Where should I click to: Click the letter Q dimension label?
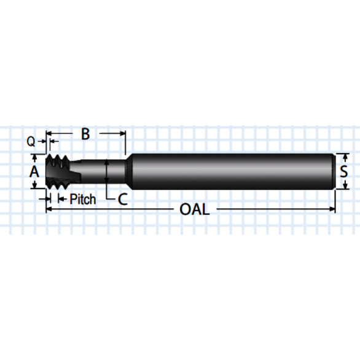[31, 141]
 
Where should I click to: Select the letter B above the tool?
[85, 133]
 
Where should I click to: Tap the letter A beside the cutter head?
[34, 172]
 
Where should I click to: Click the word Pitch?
[82, 199]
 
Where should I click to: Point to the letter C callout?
[122, 199]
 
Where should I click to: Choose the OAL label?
[194, 209]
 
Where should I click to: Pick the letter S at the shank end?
[344, 171]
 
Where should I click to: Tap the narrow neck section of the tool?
[98, 171]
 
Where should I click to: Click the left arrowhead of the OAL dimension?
[49, 209]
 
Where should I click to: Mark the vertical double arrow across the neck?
[106, 171]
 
